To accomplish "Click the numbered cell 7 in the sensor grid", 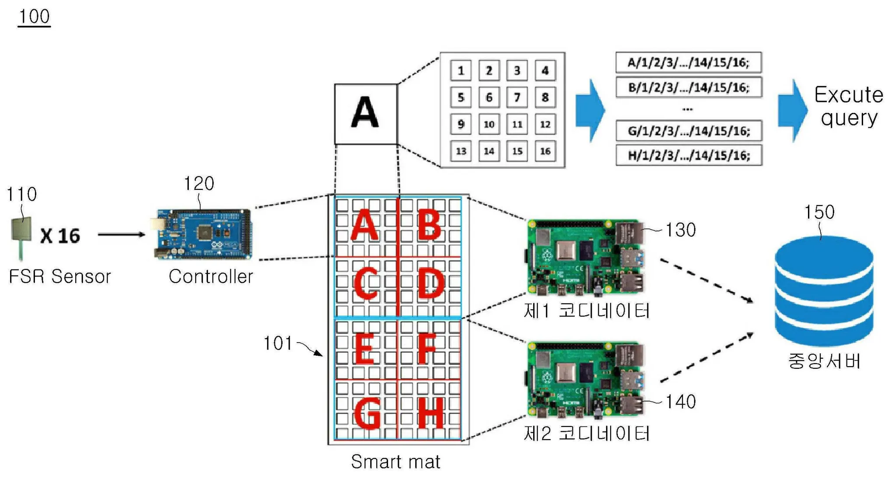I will [517, 97].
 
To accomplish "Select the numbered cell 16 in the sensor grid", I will [545, 151].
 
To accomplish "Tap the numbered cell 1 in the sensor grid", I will [461, 70].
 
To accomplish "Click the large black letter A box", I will [366, 114].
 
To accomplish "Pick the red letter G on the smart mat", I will [367, 413].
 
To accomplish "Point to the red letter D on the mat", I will [430, 284].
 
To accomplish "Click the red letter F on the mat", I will [427, 349].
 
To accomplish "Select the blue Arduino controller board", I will [204, 234].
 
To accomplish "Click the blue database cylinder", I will [824, 291].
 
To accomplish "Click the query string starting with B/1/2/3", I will [688, 87].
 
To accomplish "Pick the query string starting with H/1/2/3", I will [688, 155].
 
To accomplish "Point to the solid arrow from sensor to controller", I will [121, 234].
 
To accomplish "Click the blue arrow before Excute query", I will [792, 110].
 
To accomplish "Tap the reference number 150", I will [819, 212].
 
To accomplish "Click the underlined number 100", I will [34, 17].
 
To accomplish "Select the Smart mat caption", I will [395, 462].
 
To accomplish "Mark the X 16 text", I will [60, 236].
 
